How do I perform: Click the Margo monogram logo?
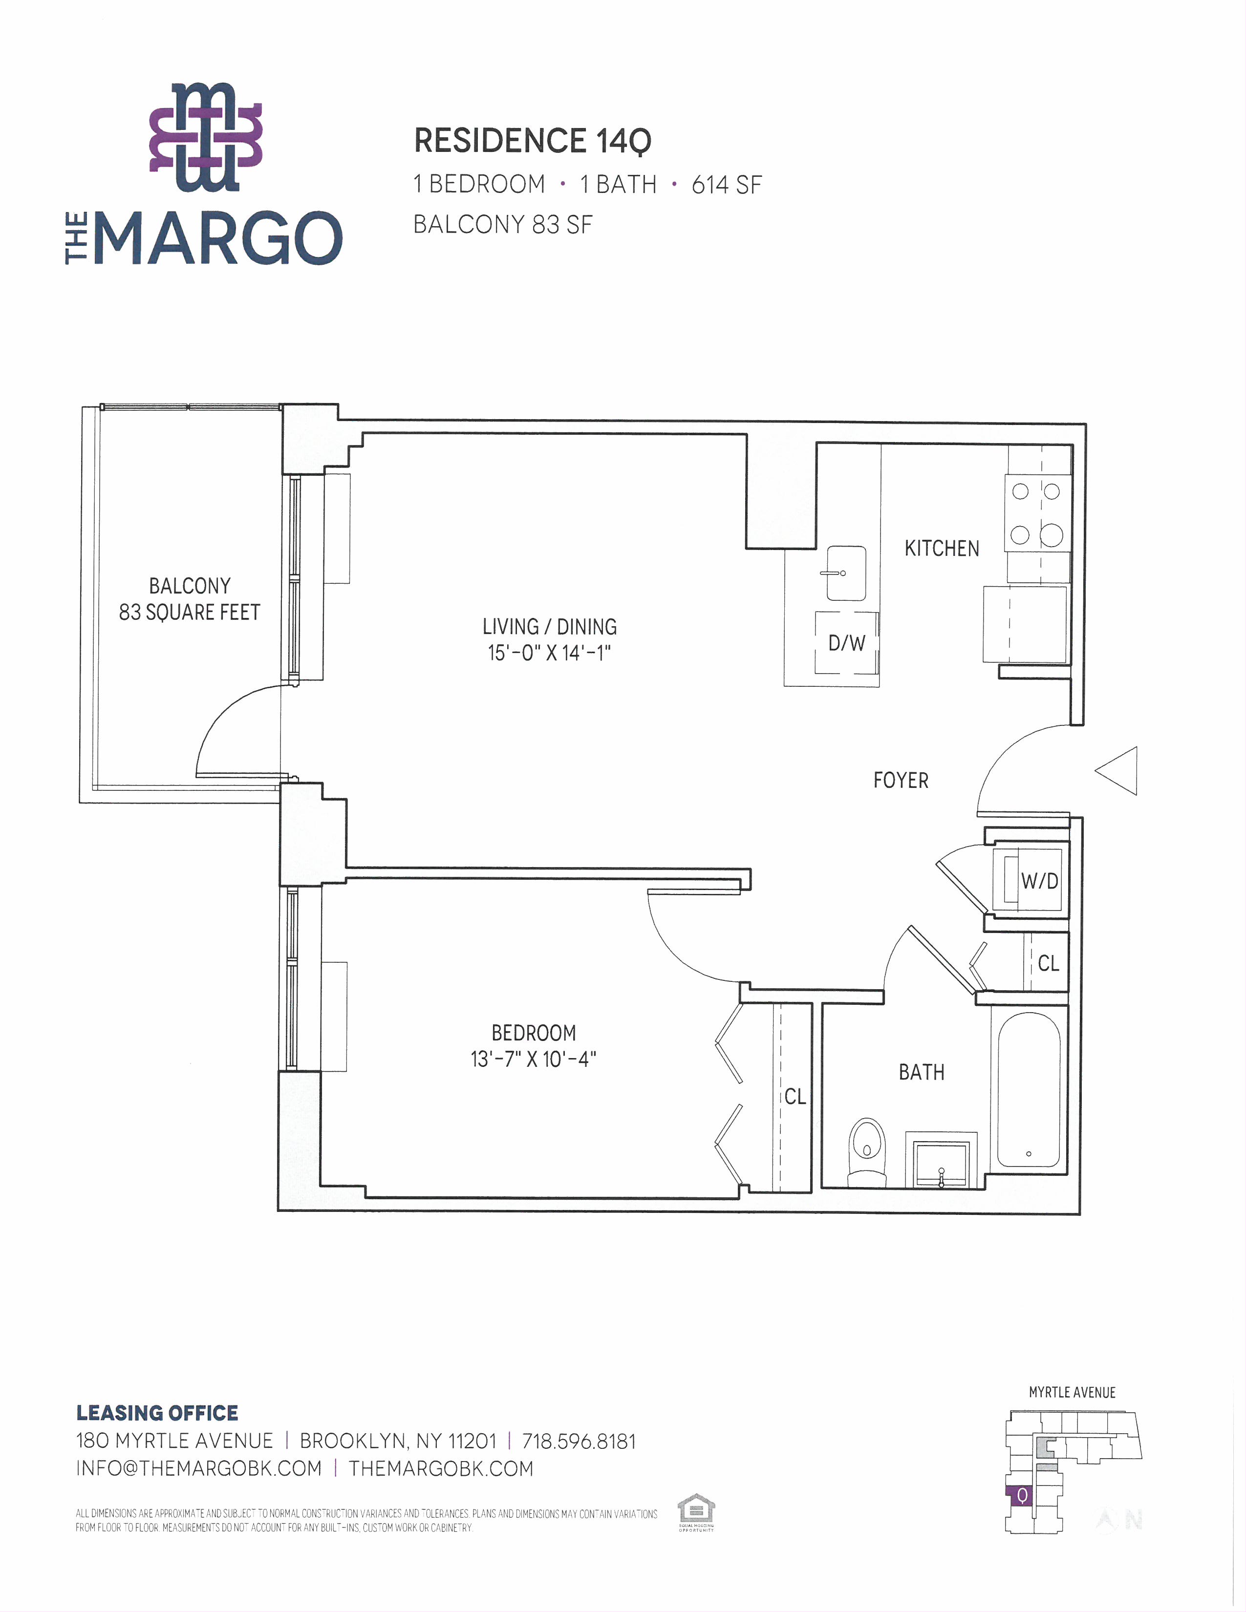(x=206, y=137)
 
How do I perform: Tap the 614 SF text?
(x=726, y=185)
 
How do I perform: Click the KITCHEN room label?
(x=942, y=549)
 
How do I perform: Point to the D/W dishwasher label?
(x=847, y=643)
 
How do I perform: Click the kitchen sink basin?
(x=846, y=573)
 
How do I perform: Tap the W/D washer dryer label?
(x=1039, y=881)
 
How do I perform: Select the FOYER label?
(x=901, y=780)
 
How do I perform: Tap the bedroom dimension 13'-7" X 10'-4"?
(x=533, y=1059)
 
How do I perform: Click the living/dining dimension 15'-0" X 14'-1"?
(x=549, y=653)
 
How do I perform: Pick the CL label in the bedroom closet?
(x=795, y=1096)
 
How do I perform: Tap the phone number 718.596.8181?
(x=579, y=1441)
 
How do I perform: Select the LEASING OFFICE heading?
(x=157, y=1413)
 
